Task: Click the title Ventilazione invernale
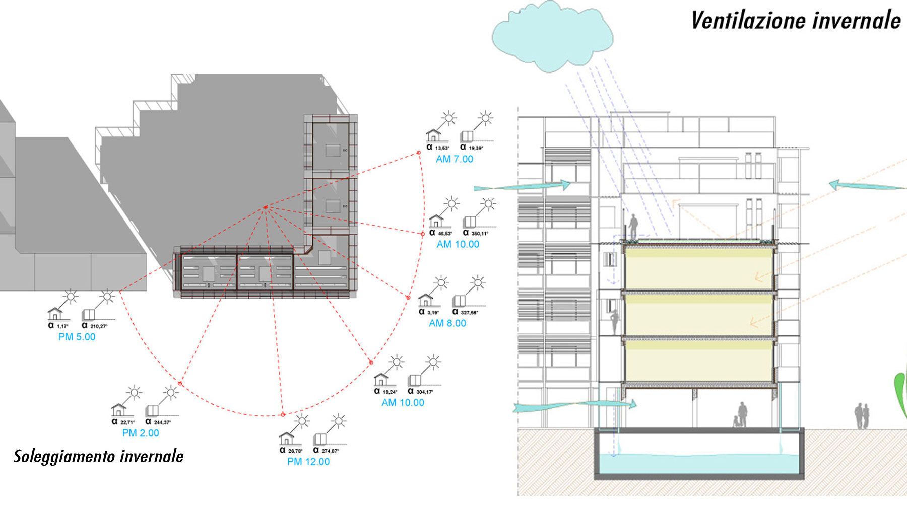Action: (x=796, y=21)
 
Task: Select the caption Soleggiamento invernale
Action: (x=98, y=456)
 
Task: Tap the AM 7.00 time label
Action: (x=455, y=159)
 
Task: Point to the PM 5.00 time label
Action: (x=77, y=337)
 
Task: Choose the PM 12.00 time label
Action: (x=308, y=462)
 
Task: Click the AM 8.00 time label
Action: (x=447, y=323)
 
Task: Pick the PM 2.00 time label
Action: (x=141, y=433)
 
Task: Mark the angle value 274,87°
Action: (x=330, y=451)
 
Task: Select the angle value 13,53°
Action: (x=442, y=148)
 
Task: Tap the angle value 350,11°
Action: (x=479, y=233)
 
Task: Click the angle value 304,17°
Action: (x=424, y=392)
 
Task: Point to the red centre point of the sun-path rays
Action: (x=266, y=207)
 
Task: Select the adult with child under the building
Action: (x=740, y=415)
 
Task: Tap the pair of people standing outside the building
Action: (x=862, y=416)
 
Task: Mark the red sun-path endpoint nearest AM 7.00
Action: (x=419, y=153)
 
